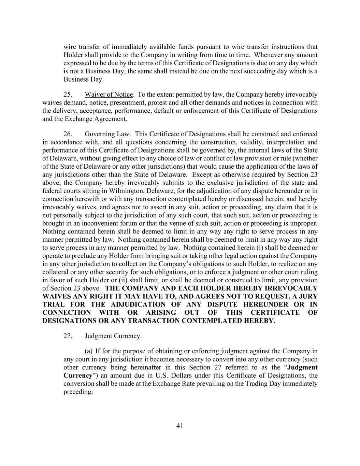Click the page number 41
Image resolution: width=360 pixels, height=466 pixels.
tap(180, 426)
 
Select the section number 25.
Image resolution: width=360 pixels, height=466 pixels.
tap(68, 95)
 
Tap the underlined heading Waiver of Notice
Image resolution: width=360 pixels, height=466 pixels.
tap(109, 95)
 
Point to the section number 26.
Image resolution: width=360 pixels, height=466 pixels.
tap(68, 134)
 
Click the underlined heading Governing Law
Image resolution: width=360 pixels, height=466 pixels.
tap(107, 134)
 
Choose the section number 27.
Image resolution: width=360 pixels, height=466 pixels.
tap(68, 336)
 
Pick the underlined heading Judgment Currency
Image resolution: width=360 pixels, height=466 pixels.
tap(112, 336)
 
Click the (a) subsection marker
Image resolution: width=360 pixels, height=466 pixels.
tap(89, 351)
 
